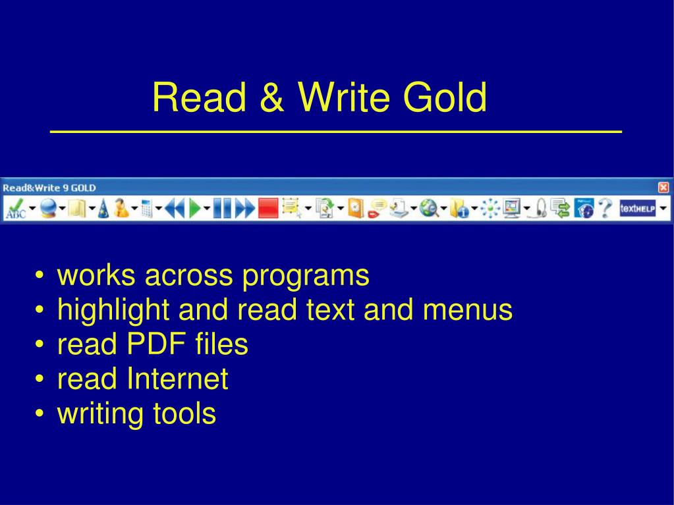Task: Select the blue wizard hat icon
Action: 103,209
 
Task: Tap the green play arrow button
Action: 195,209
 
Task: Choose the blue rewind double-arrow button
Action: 174,209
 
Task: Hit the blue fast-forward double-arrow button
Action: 244,209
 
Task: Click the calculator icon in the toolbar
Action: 146,209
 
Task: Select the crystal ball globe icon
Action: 47,209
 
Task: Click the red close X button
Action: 663,188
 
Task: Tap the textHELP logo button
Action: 636,209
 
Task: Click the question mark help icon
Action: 605,209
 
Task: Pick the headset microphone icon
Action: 541,209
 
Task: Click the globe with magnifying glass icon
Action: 430,209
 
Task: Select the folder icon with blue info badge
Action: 459,209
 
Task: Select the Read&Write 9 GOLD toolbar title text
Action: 49,188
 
